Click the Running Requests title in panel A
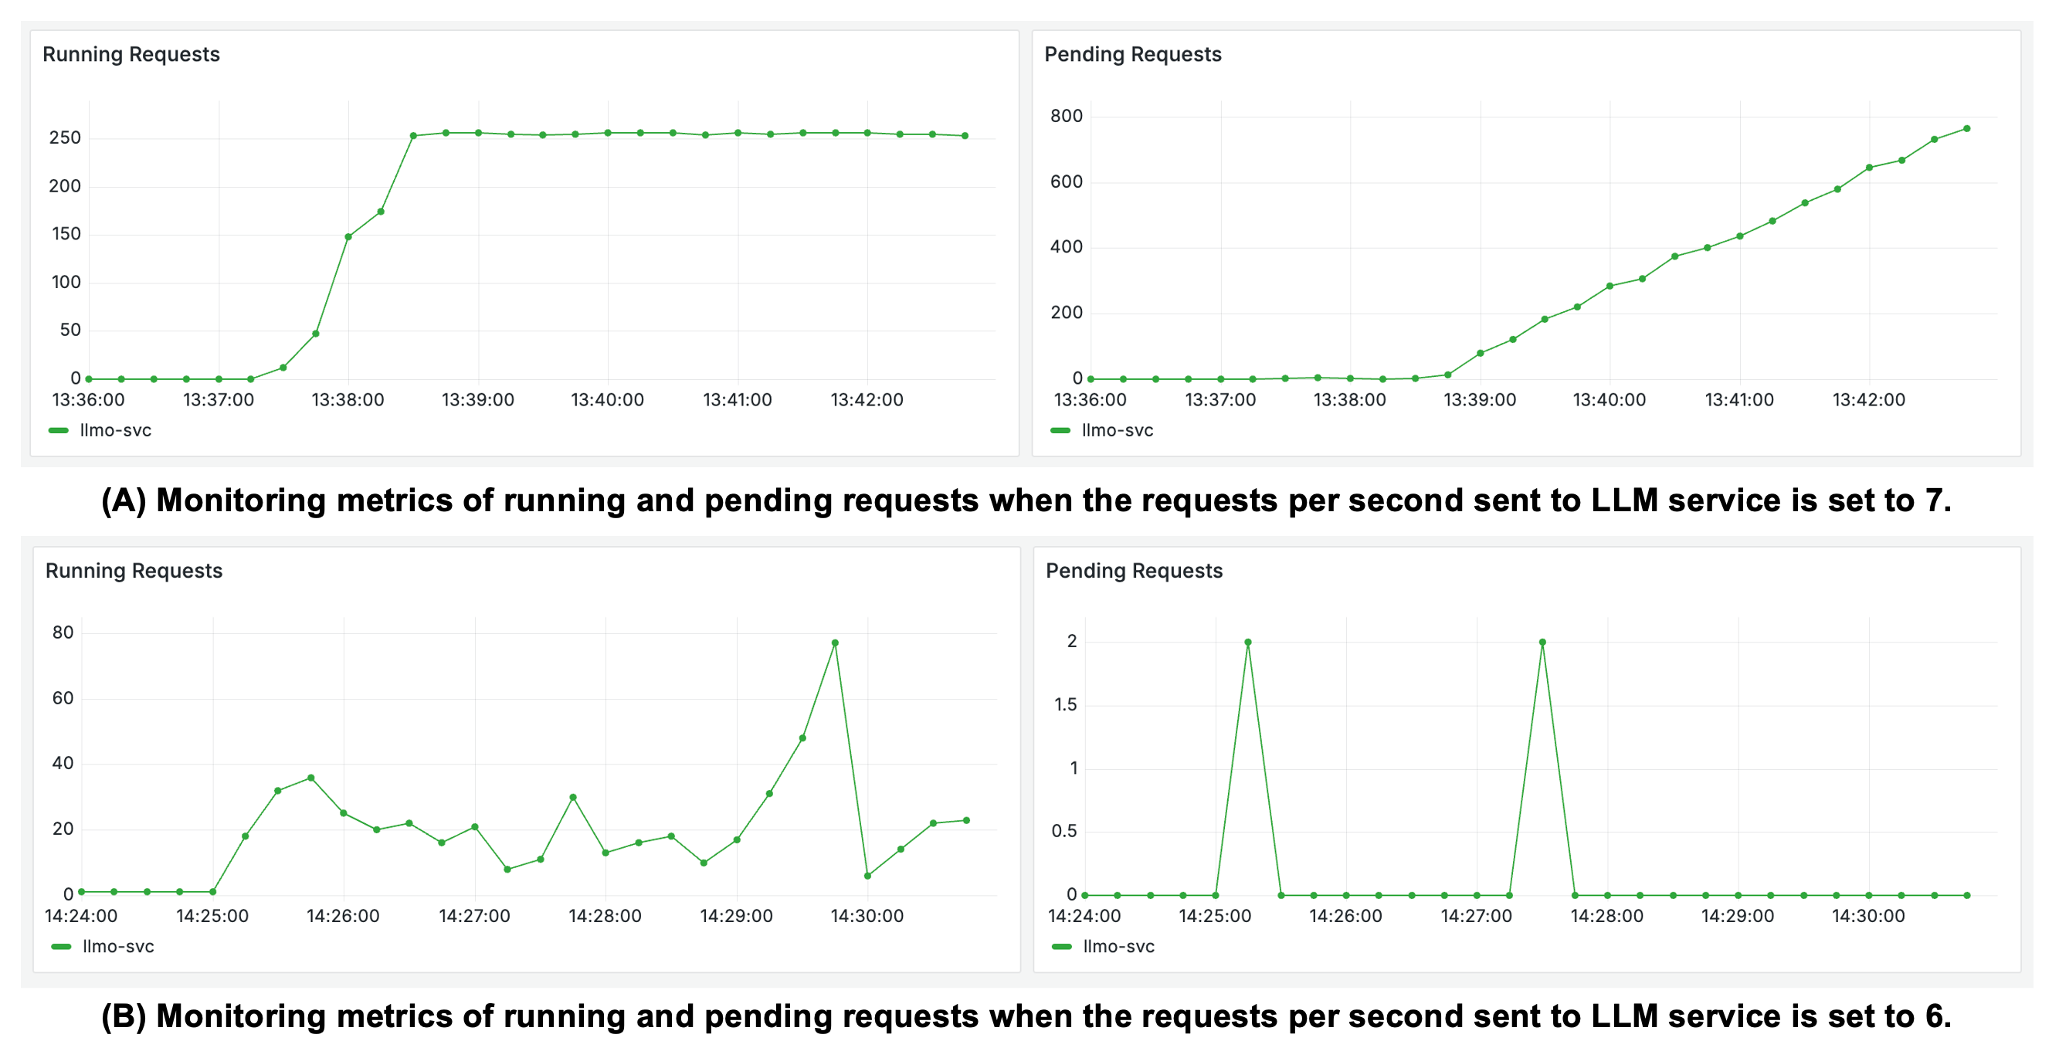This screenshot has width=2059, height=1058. click(x=131, y=54)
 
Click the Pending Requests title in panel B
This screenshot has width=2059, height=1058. click(x=1134, y=571)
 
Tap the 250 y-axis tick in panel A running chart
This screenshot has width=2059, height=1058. click(x=65, y=137)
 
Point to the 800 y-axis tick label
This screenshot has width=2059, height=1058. click(x=1066, y=116)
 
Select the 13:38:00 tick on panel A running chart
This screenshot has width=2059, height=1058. click(x=348, y=399)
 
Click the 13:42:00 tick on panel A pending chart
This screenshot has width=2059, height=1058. click(x=1868, y=399)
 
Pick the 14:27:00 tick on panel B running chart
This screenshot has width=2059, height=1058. click(x=474, y=916)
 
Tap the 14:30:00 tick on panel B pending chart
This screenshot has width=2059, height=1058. click(x=1868, y=916)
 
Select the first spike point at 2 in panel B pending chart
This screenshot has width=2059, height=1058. click(x=1248, y=643)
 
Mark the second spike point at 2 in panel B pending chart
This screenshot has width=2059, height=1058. click(x=1542, y=643)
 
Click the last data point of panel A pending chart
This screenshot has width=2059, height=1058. click(x=1966, y=129)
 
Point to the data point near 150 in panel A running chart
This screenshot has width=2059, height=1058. click(x=348, y=236)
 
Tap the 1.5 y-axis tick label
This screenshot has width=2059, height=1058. click(x=1065, y=705)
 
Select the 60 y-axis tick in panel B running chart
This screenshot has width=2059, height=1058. click(x=63, y=698)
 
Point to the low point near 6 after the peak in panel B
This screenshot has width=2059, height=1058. click(x=867, y=876)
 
